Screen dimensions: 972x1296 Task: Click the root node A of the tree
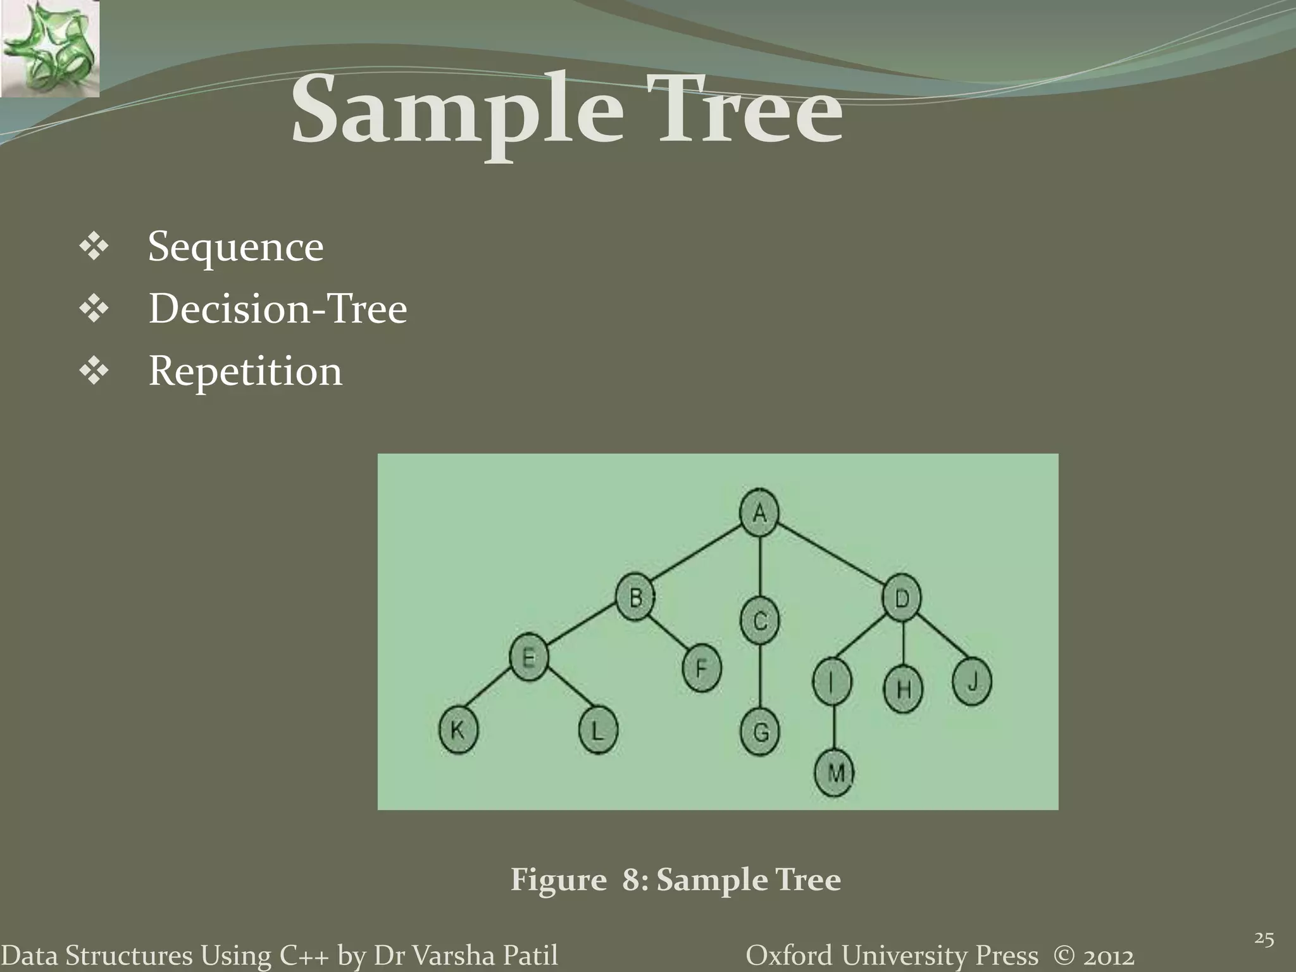tap(759, 513)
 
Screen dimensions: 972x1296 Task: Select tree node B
tap(636, 597)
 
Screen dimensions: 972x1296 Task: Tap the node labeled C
tap(760, 620)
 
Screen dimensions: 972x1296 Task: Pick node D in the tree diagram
tap(902, 597)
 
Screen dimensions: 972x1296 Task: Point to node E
tap(529, 658)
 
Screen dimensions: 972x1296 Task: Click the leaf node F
tap(702, 668)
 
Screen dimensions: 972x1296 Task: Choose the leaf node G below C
tap(761, 732)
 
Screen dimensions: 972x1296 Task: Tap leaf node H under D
tap(903, 688)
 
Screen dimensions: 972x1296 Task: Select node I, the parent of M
tap(832, 682)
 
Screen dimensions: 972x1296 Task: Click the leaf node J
tap(972, 682)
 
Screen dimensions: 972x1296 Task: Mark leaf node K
tap(458, 731)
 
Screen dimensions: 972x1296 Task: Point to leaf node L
tap(597, 731)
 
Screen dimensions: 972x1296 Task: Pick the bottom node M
tap(835, 773)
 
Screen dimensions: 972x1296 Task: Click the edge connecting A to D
tap(830, 555)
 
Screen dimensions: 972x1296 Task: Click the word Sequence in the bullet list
tap(235, 247)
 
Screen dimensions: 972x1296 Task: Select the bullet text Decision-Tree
tap(278, 309)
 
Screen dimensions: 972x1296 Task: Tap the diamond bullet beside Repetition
tap(94, 371)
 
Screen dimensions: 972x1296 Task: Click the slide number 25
tap(1264, 939)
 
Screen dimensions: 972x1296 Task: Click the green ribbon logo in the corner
tap(49, 49)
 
